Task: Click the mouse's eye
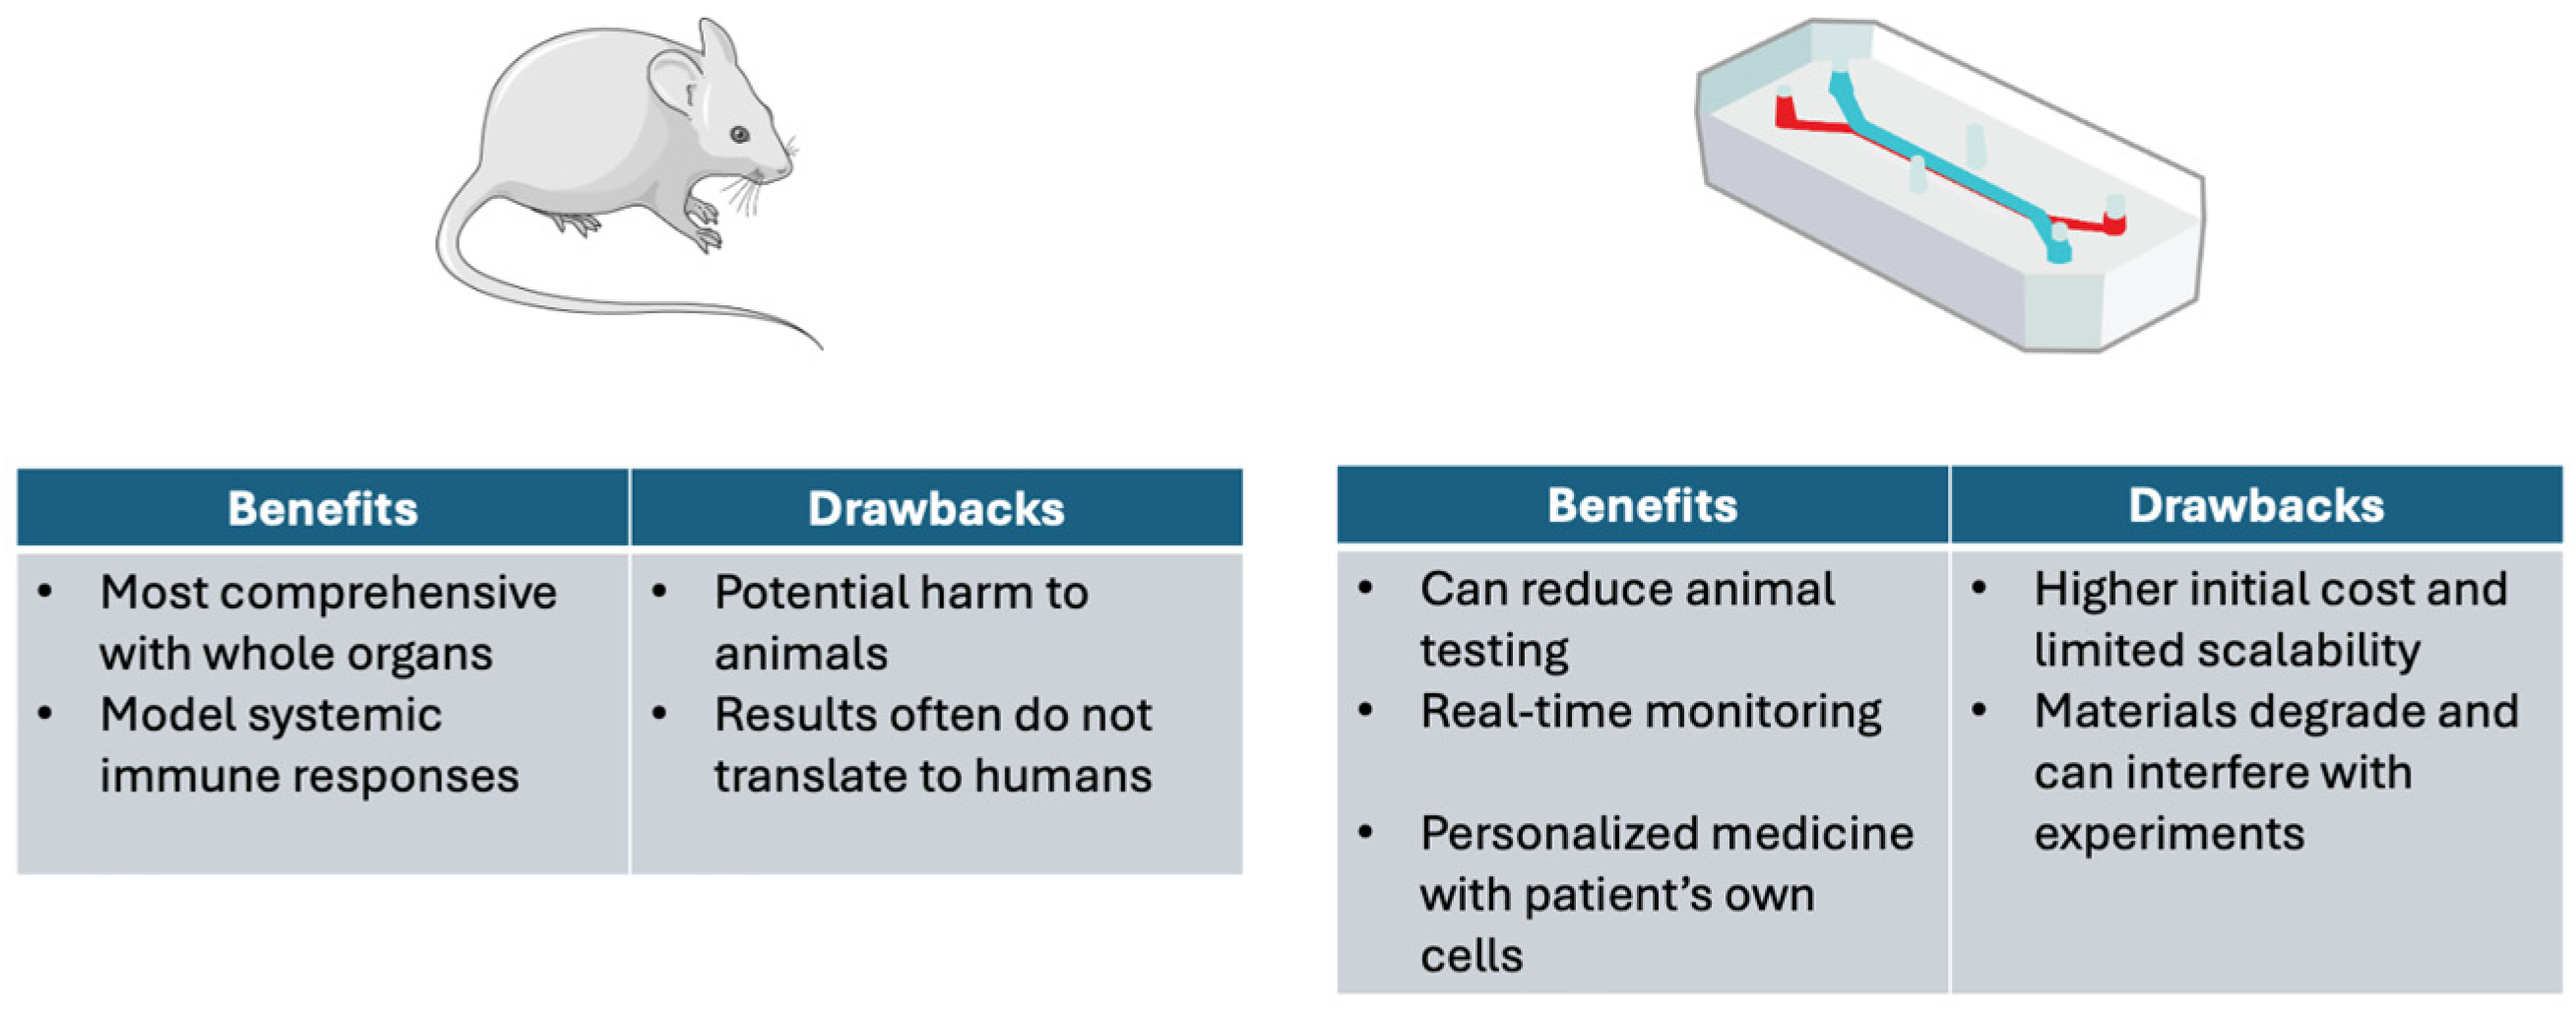click(739, 134)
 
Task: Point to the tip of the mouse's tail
click(819, 346)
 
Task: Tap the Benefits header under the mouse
click(322, 508)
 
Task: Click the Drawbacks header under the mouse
click(936, 508)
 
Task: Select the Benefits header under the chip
click(1642, 505)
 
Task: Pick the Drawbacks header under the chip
click(2256, 505)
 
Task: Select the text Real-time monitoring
click(1650, 712)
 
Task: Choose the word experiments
click(2169, 834)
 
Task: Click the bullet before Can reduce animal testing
click(1366, 588)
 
